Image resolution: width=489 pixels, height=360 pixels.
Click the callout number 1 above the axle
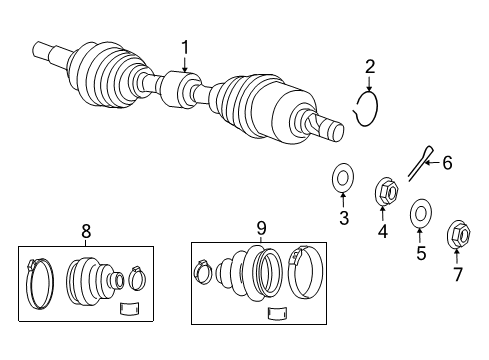184,46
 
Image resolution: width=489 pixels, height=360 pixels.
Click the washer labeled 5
421,213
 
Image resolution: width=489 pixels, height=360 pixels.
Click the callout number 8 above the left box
85,232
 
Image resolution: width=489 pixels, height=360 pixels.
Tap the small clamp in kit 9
201,271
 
